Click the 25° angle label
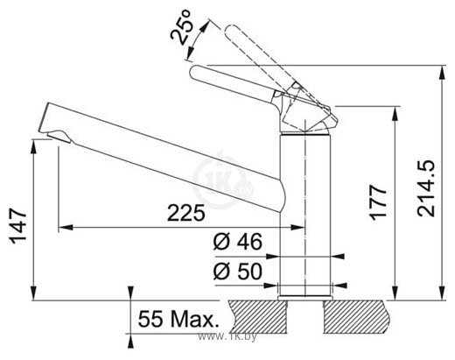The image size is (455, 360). pos(181,27)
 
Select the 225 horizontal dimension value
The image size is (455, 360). pos(186,213)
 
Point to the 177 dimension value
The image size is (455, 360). pos(378,201)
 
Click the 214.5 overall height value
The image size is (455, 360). pos(426,188)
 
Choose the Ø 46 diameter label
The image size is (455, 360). pos(237,242)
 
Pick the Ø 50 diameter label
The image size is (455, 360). pos(237,272)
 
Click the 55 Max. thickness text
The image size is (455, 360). pos(178,319)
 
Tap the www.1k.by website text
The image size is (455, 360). pos(227,337)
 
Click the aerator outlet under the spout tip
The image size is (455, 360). pos(59,136)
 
